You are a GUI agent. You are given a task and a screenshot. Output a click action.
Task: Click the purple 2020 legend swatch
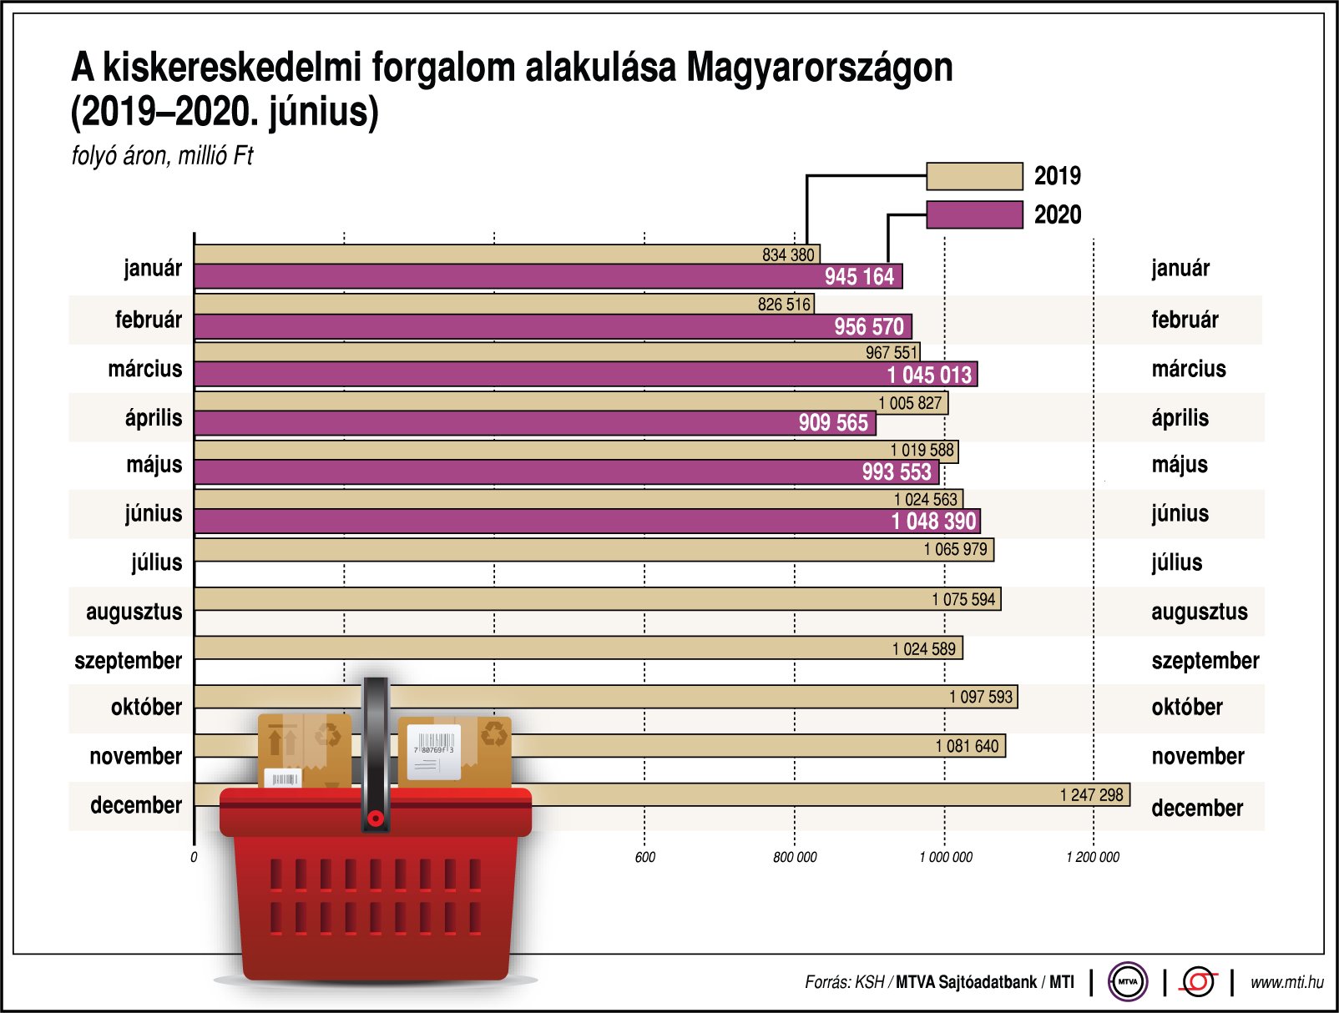[x=974, y=214]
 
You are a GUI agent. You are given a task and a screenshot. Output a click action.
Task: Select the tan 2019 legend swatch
[x=974, y=176]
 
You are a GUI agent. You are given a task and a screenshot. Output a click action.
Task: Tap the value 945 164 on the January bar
[x=859, y=277]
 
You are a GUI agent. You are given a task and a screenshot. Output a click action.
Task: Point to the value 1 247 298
[x=1091, y=795]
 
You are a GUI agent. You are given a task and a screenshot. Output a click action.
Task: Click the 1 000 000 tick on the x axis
[x=946, y=857]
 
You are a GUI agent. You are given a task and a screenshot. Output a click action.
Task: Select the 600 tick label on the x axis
[x=644, y=857]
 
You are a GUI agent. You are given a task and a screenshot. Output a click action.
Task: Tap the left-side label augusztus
[x=134, y=612]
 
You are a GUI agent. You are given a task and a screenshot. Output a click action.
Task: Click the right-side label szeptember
[x=1205, y=661]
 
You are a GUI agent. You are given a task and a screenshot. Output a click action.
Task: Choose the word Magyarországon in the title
[x=819, y=68]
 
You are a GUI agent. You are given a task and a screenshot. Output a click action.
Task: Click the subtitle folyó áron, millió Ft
[x=162, y=156]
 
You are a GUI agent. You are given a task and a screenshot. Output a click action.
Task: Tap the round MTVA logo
[x=1127, y=982]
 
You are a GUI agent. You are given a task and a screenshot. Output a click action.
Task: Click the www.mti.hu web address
[x=1286, y=982]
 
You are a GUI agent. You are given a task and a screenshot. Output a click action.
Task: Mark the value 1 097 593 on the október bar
[x=980, y=697]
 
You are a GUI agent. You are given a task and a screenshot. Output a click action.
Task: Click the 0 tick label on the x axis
[x=194, y=857]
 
